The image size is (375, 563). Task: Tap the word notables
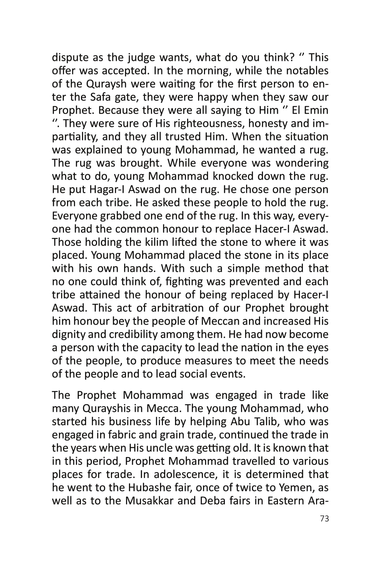[x=307, y=71]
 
